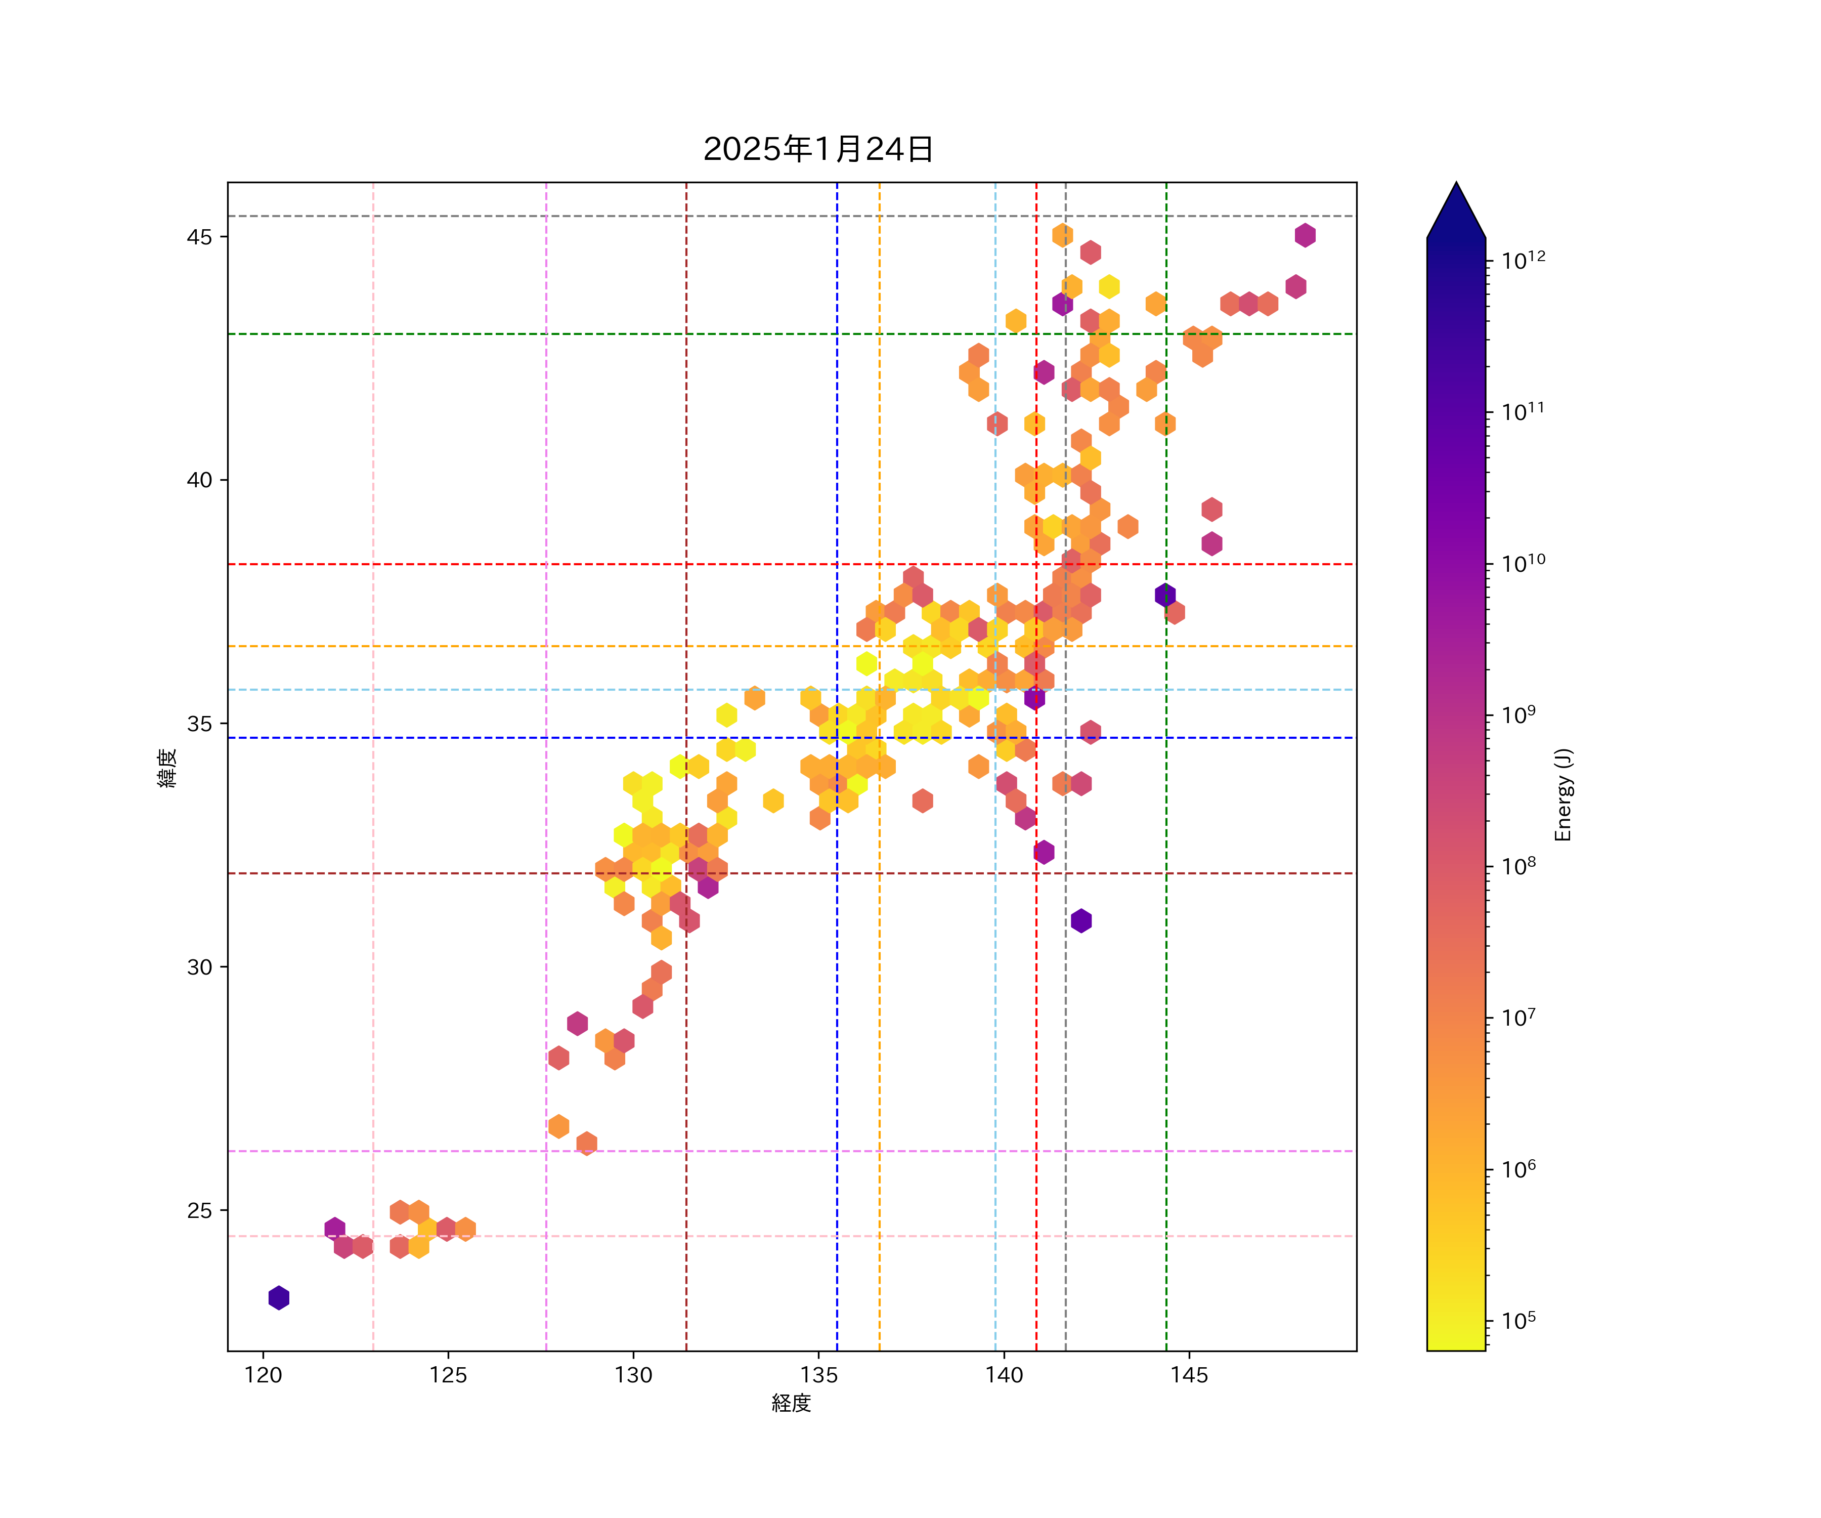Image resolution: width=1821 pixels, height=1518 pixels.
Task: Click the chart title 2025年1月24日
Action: (x=818, y=149)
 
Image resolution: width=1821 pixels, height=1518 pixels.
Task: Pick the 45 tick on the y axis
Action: (x=199, y=237)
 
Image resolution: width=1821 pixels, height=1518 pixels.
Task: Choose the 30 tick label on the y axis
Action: (x=199, y=967)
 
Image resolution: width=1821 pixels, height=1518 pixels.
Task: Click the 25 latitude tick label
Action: (x=199, y=1211)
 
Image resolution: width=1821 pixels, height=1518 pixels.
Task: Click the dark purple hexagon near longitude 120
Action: (x=278, y=1298)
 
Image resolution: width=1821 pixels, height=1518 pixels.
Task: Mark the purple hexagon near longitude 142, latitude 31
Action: (x=1080, y=921)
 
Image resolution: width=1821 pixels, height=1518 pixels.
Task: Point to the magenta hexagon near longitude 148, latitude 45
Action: (x=1305, y=235)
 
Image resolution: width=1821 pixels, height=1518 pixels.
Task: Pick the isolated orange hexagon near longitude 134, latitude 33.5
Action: (x=773, y=800)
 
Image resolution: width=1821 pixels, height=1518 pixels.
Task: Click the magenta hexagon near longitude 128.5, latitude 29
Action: (x=578, y=1024)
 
